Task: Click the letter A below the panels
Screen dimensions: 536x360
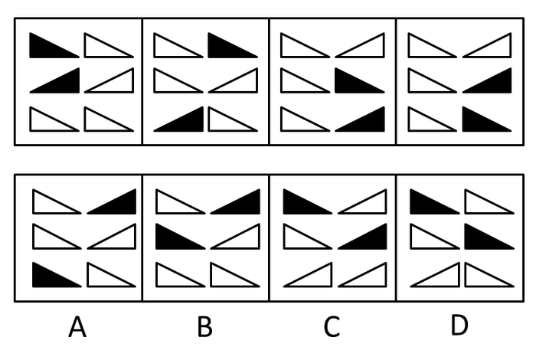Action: click(x=77, y=326)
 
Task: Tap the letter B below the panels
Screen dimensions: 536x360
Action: click(x=204, y=326)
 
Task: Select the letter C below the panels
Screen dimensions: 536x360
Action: click(x=332, y=326)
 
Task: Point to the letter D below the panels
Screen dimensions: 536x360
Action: click(x=459, y=325)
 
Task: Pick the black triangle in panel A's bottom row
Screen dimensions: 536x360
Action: click(x=57, y=274)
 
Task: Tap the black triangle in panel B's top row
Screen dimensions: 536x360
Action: click(x=235, y=201)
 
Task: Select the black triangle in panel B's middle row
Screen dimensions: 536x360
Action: click(x=181, y=236)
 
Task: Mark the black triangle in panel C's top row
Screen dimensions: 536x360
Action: click(x=308, y=201)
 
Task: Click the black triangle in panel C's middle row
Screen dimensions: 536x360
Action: click(x=362, y=236)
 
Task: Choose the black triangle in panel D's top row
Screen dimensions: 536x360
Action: click(x=435, y=201)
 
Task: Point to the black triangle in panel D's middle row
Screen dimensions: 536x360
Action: click(x=489, y=236)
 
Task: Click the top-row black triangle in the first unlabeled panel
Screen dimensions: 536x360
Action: click(x=54, y=45)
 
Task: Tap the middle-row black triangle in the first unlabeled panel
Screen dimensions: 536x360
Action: click(x=54, y=80)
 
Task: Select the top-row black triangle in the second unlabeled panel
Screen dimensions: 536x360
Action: click(x=233, y=45)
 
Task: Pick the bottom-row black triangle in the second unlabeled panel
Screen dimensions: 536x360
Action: click(x=178, y=119)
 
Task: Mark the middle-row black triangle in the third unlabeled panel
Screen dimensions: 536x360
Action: click(x=360, y=80)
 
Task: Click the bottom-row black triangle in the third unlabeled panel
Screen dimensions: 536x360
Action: click(x=360, y=119)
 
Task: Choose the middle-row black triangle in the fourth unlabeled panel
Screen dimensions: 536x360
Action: click(x=487, y=80)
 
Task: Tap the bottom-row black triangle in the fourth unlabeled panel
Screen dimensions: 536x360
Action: click(x=487, y=119)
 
